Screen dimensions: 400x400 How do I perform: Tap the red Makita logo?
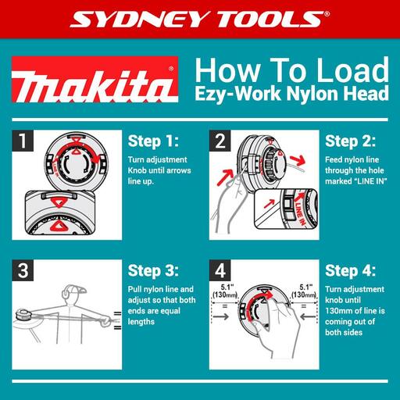click(x=93, y=85)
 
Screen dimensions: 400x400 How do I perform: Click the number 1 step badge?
click(x=26, y=141)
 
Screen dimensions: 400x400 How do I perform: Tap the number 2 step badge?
click(x=220, y=141)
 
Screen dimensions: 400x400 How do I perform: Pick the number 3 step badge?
click(x=26, y=271)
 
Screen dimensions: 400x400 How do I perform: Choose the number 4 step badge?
click(x=220, y=271)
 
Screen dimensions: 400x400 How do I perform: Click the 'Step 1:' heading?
click(x=152, y=142)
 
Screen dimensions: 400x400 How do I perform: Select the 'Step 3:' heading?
click(x=152, y=271)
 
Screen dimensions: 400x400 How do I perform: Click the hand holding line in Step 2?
click(x=227, y=203)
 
